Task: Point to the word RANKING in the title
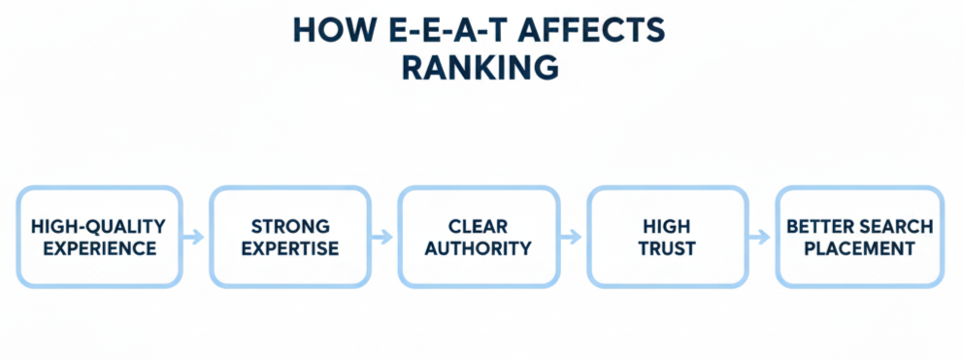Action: (482, 68)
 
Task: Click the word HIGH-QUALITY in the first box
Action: (98, 226)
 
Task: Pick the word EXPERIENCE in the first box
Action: (98, 248)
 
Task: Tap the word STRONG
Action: (290, 226)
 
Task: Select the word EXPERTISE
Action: (290, 248)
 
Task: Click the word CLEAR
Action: (479, 226)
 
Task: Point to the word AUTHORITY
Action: (479, 248)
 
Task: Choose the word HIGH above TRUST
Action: (667, 226)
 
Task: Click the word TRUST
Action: (667, 248)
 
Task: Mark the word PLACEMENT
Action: (860, 248)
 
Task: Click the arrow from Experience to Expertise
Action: (194, 237)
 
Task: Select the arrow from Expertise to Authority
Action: (384, 237)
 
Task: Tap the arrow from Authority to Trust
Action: (573, 237)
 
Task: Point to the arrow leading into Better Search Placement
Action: (763, 237)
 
